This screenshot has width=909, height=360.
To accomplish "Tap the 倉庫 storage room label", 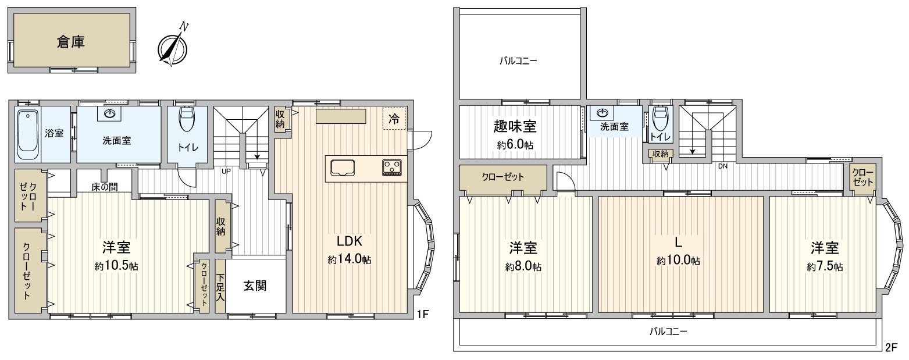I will click(x=72, y=42).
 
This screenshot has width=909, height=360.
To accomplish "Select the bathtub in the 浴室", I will click(x=27, y=134).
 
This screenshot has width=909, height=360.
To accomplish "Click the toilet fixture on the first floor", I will click(x=187, y=120).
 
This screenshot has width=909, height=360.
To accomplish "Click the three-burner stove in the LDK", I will click(x=391, y=167).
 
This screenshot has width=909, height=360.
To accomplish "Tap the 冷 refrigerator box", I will click(x=394, y=119).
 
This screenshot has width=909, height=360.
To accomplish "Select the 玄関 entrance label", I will click(x=255, y=286).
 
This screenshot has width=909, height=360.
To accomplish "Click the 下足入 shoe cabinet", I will click(x=220, y=286).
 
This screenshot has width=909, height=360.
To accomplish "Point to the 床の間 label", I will click(x=105, y=187).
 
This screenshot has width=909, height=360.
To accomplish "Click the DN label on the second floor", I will click(x=723, y=166).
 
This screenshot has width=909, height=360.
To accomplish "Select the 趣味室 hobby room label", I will click(x=515, y=126).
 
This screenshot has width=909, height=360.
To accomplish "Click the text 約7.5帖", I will click(x=825, y=266).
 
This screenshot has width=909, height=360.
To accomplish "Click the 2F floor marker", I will click(x=891, y=348).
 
